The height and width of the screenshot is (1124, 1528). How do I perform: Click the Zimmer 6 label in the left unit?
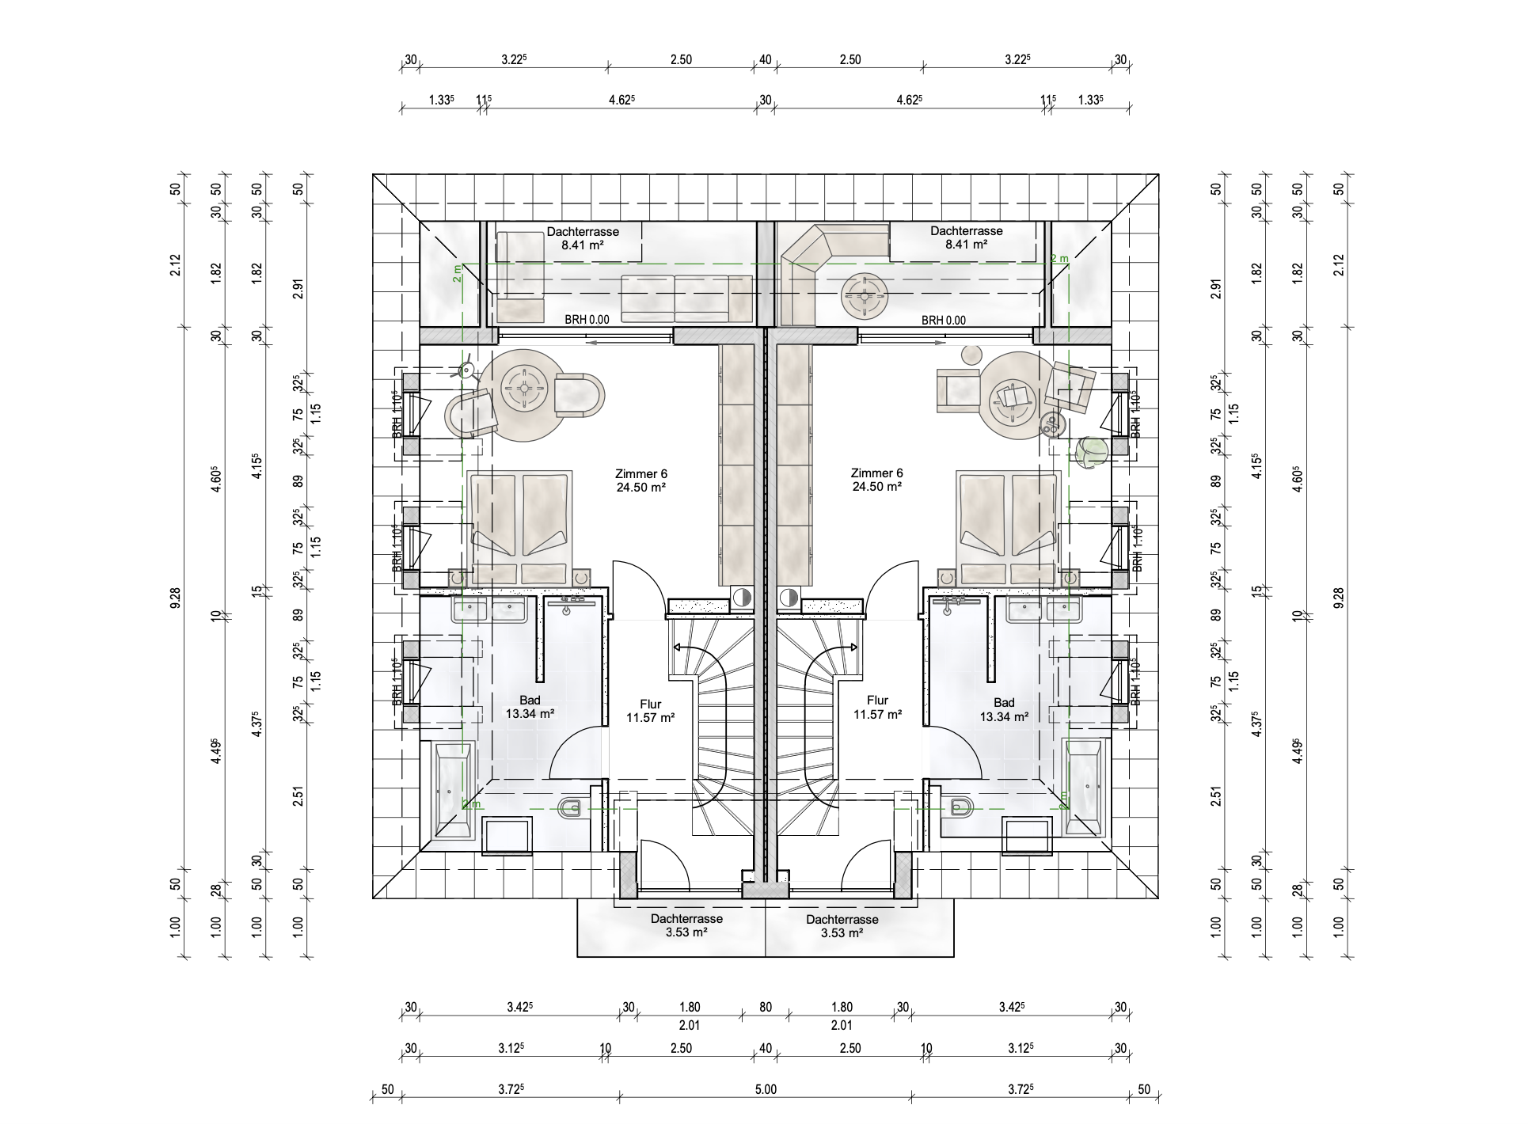(x=640, y=480)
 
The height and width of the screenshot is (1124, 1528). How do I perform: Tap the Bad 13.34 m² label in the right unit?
(x=1004, y=709)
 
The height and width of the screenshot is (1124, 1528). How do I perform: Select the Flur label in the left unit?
(x=650, y=704)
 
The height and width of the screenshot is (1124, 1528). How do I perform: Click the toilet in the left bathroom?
(x=570, y=808)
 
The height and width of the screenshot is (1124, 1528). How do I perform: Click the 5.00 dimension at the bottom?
(x=766, y=1090)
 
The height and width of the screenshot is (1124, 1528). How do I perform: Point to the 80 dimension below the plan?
(x=766, y=1008)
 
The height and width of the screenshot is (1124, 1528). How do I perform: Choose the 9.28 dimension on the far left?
(x=175, y=598)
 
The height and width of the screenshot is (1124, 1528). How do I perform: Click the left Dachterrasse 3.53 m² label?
(x=686, y=926)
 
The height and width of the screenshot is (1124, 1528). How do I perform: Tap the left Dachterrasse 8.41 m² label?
(x=583, y=238)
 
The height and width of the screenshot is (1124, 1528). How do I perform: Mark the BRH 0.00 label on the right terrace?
(x=944, y=321)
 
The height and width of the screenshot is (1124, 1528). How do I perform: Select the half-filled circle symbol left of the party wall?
(x=742, y=598)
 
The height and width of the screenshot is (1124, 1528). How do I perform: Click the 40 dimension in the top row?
(x=766, y=59)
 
